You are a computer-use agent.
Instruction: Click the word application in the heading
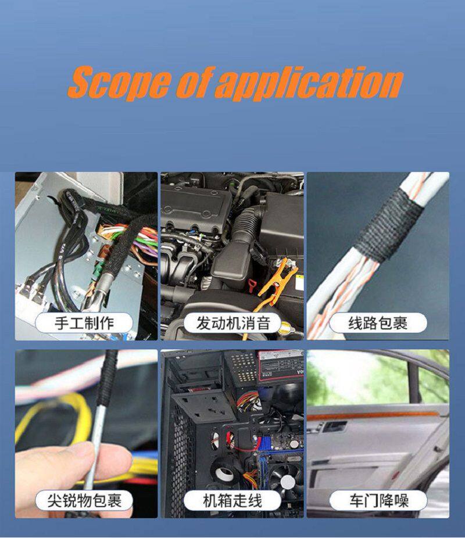310,83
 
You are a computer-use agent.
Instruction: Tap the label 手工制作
84,323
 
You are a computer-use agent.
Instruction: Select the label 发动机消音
233,323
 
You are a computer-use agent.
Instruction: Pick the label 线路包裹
378,323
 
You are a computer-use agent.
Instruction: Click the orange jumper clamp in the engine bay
276,279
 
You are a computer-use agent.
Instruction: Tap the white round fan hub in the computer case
288,482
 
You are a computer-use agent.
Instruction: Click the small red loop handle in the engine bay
252,285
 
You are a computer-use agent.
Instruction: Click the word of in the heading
194,83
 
